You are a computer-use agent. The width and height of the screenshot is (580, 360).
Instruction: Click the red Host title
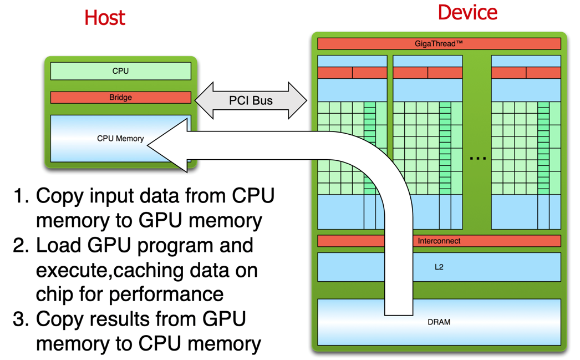(104, 18)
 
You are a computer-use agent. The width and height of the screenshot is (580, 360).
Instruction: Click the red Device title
(467, 12)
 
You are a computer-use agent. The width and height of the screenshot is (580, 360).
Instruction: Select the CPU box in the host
(120, 71)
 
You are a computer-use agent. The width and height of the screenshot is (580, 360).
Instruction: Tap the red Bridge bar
(120, 98)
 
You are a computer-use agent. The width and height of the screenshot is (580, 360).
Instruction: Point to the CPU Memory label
(120, 139)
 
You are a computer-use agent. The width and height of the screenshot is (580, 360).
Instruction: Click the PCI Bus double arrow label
(251, 101)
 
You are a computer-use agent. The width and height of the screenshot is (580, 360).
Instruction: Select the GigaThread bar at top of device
(439, 43)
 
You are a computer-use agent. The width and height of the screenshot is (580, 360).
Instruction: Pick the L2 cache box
(439, 267)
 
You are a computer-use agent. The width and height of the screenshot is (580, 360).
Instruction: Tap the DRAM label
(439, 322)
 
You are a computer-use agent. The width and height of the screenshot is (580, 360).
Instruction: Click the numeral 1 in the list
(21, 196)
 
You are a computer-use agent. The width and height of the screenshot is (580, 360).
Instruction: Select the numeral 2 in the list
(21, 245)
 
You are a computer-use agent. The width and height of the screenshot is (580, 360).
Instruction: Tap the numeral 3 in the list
(21, 320)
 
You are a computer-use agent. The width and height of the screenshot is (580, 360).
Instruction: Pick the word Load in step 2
(58, 245)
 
